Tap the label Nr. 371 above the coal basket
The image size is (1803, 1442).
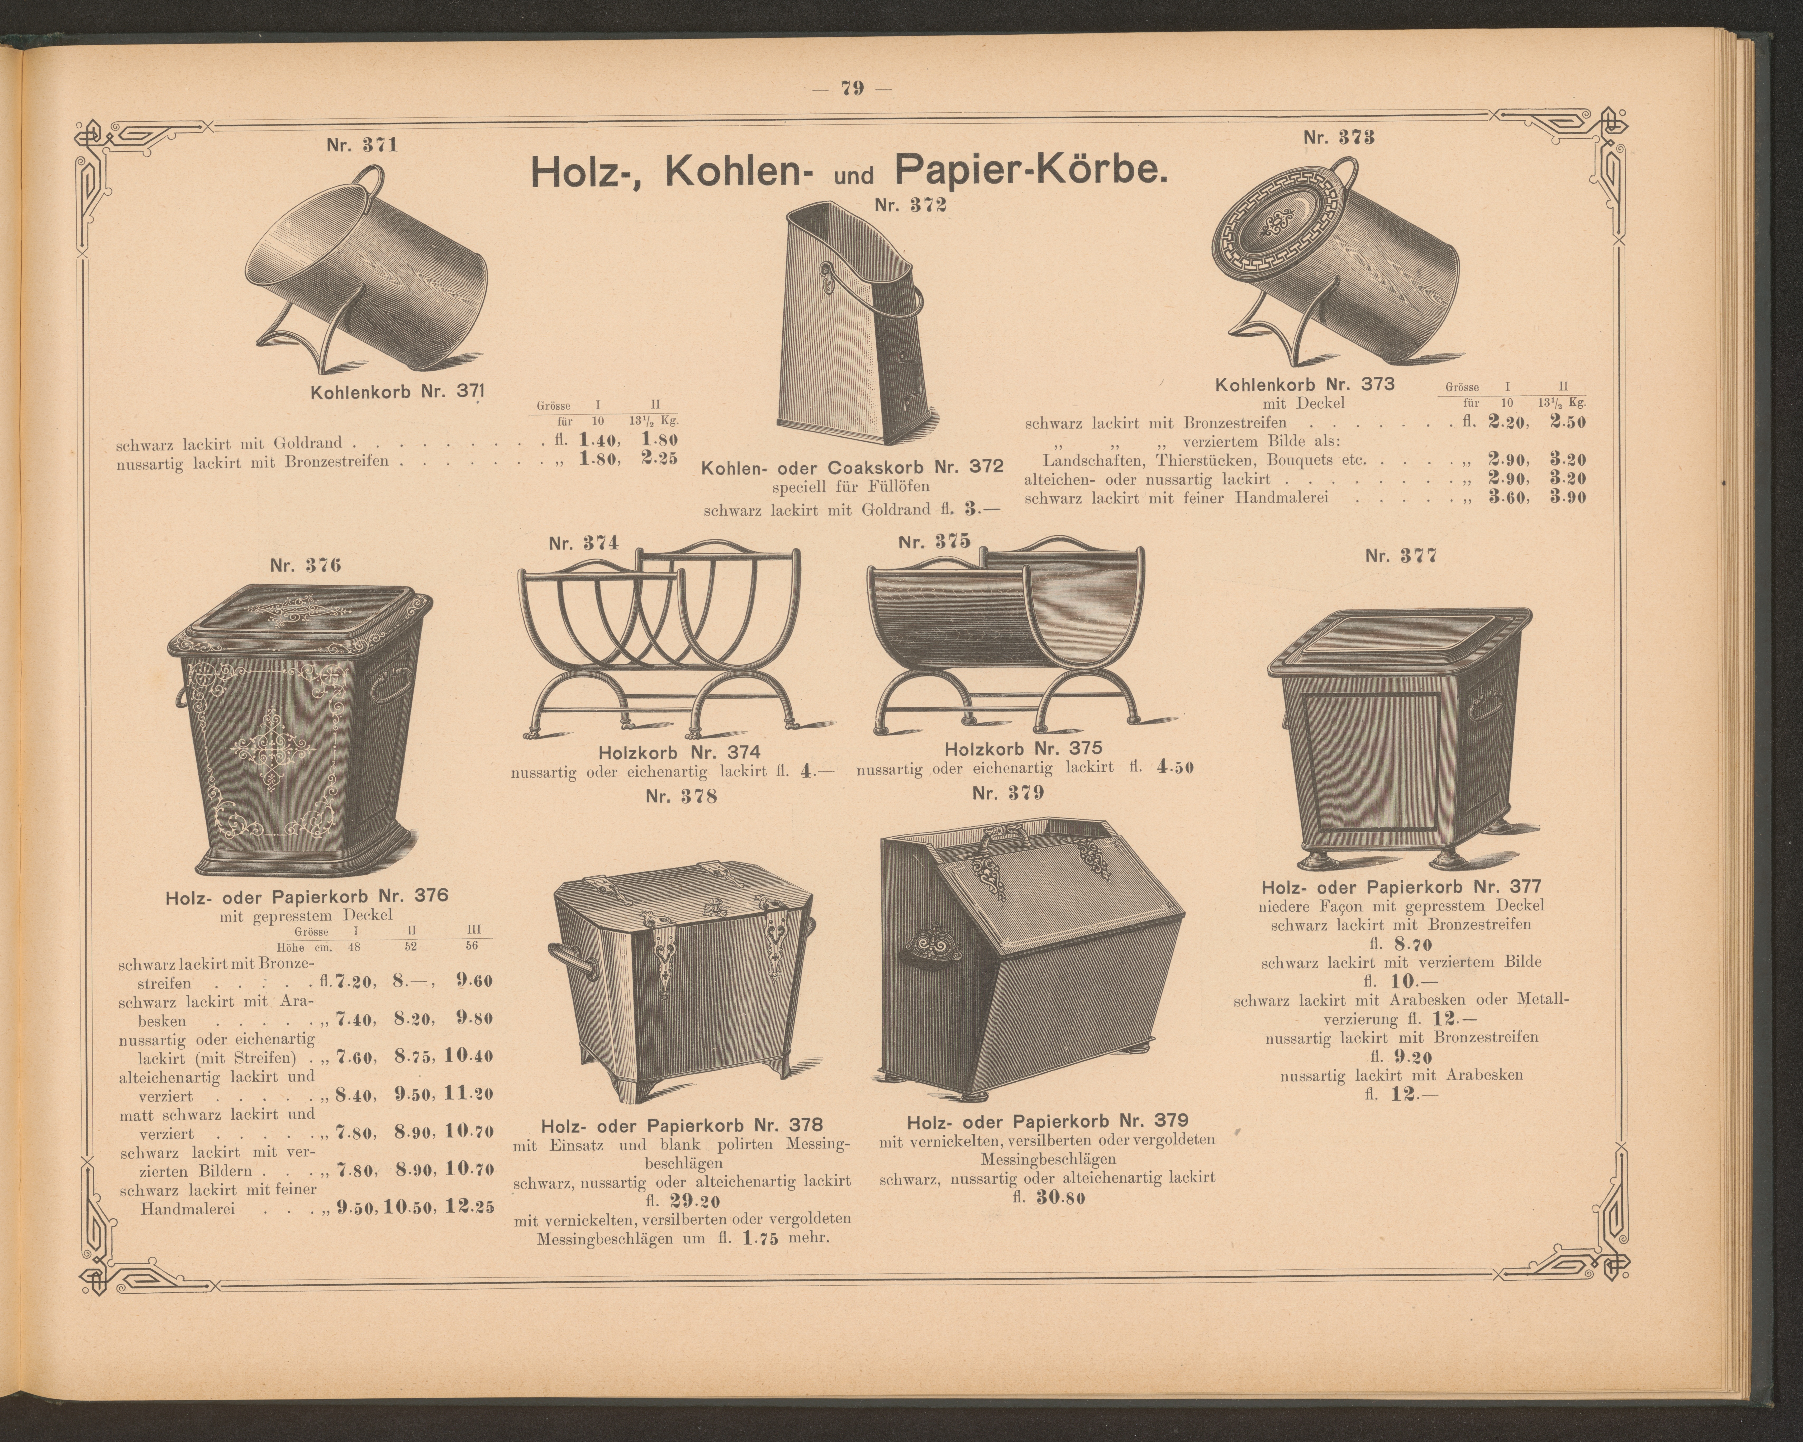point(362,145)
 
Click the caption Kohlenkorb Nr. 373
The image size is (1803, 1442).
point(1305,385)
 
